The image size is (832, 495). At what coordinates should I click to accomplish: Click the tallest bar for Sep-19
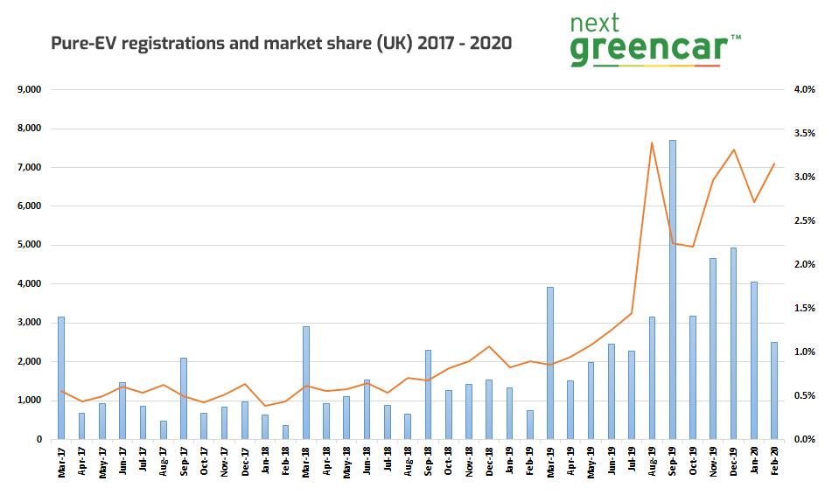coord(673,289)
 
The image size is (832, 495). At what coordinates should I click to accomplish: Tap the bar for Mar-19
coord(550,363)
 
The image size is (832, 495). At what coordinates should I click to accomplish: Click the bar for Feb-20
coord(774,390)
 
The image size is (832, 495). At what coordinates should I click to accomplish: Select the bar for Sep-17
coord(184,398)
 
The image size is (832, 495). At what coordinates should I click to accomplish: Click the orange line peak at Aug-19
coord(652,143)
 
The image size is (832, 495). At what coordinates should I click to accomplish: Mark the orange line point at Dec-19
coord(734,150)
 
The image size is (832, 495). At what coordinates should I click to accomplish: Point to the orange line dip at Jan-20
coord(754,202)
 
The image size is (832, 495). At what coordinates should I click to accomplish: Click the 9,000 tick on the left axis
coord(31,89)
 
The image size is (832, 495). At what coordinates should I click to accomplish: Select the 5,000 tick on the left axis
coord(31,245)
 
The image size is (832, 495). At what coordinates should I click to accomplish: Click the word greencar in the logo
coord(645,49)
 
